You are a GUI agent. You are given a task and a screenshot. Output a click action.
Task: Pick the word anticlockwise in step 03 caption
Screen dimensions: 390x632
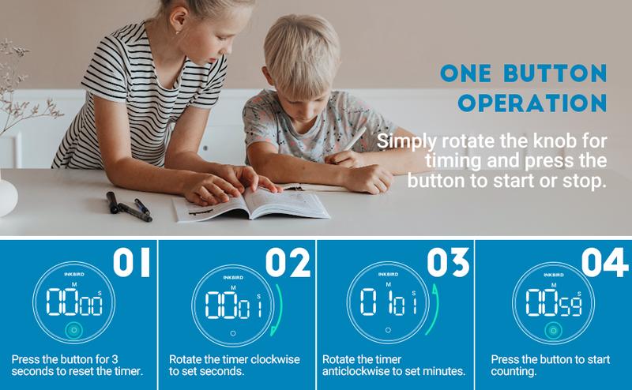click(356, 372)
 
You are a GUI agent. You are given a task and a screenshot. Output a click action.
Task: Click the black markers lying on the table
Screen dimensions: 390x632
click(128, 207)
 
